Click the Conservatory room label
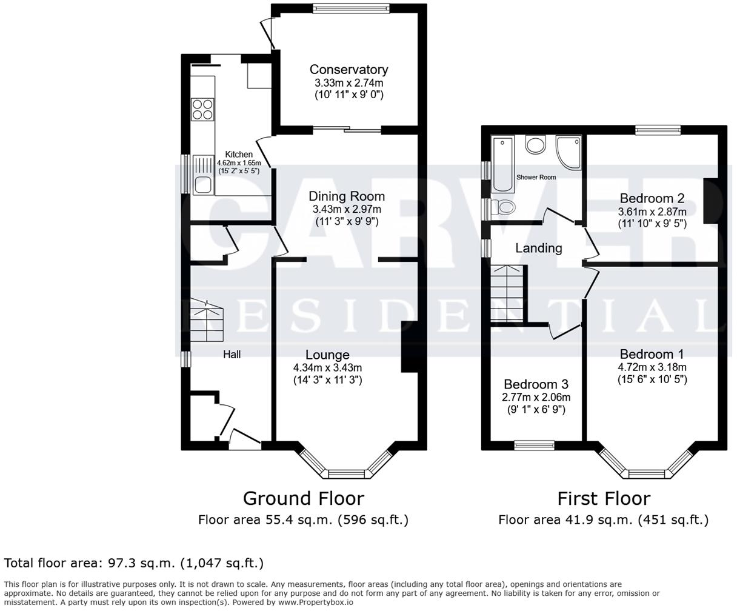348,70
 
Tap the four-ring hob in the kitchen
202,110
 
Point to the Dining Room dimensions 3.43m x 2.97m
347,209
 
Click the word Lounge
327,355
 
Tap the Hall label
232,355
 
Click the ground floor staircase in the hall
207,321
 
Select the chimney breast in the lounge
410,347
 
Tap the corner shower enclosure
569,152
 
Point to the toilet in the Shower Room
502,207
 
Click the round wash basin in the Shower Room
535,145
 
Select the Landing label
539,248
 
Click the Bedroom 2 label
652,198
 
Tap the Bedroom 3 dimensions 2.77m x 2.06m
536,398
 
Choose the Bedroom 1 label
652,354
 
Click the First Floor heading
604,499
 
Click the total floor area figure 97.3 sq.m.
141,563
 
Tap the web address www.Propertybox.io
316,603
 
